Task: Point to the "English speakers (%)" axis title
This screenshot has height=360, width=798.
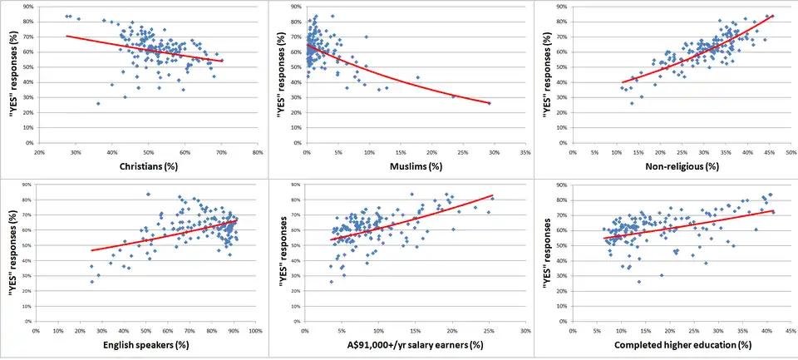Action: [x=145, y=345]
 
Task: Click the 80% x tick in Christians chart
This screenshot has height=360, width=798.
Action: [x=258, y=153]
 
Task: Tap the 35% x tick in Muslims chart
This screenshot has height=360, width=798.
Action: [x=525, y=153]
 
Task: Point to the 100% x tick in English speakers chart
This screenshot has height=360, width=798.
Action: [x=257, y=332]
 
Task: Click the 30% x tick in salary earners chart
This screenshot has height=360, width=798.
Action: [x=525, y=332]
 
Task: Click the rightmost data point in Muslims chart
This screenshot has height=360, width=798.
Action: [x=490, y=103]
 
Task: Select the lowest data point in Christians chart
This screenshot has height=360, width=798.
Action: [x=98, y=103]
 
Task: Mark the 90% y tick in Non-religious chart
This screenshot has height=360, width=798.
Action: [x=562, y=7]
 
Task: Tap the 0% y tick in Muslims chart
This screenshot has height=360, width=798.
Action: [x=298, y=143]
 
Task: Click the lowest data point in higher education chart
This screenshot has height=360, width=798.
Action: [x=638, y=282]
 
